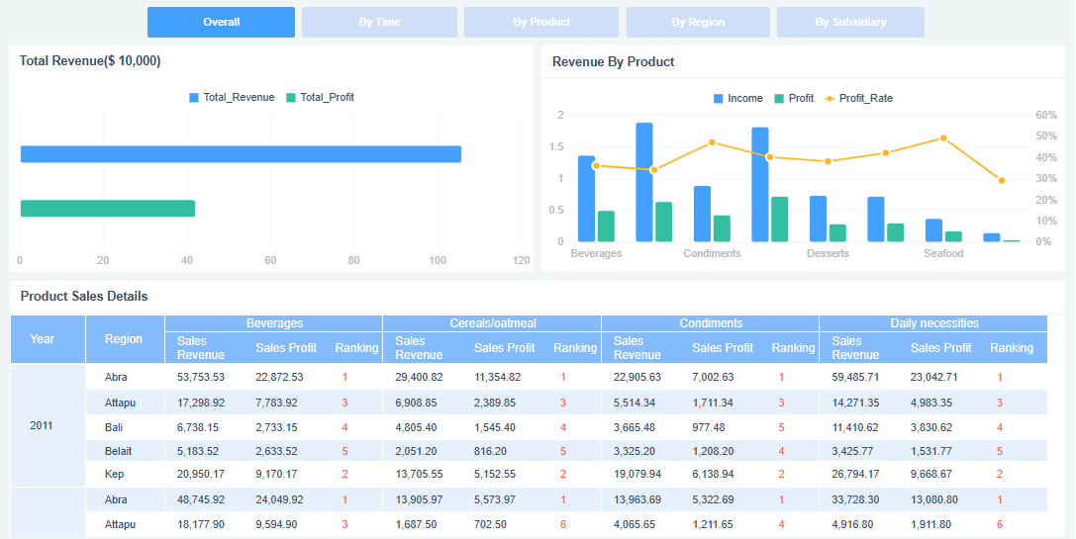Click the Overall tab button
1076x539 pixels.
pos(221,22)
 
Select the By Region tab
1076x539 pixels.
pos(698,22)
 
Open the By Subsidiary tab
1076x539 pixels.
pos(850,22)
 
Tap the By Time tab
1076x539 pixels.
pos(379,22)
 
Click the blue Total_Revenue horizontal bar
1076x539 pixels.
pos(241,154)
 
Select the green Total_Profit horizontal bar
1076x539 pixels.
pos(108,209)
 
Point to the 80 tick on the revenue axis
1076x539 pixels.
pos(353,260)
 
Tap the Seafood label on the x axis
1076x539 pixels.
pos(943,254)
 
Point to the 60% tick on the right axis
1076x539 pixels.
pos(1045,115)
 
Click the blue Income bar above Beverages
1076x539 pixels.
pos(586,199)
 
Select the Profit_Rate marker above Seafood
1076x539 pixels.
pos(943,138)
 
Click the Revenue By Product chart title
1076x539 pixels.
pos(613,61)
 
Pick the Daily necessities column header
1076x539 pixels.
pos(932,323)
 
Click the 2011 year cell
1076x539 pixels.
pos(43,425)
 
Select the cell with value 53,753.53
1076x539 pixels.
pos(201,377)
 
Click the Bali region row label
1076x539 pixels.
pos(115,426)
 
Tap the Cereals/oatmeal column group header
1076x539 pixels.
pos(491,323)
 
